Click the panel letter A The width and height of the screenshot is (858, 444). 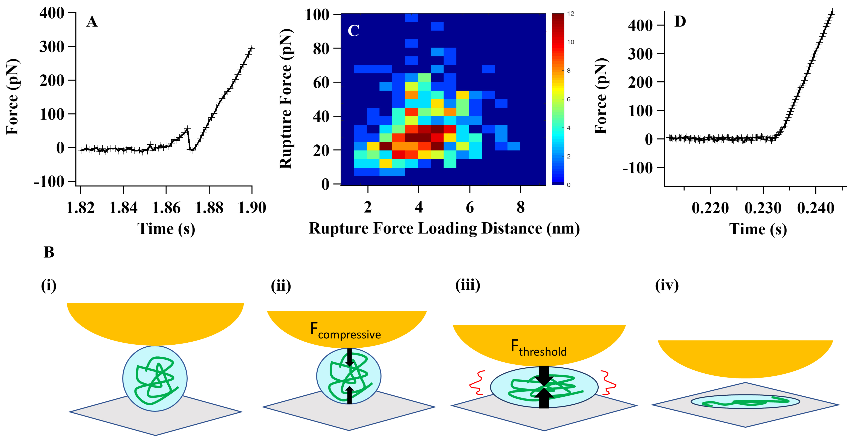coord(92,22)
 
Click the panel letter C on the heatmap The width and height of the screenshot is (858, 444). coord(353,31)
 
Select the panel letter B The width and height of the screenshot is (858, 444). coord(49,252)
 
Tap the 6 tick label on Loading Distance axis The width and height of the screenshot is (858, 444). coord(470,208)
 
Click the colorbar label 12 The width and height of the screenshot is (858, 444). coord(571,14)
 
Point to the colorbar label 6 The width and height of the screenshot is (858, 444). coord(569,99)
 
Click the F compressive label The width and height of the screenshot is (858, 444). coord(345,331)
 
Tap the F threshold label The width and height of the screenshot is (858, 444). coord(539,348)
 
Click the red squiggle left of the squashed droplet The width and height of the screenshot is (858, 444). coord(477,382)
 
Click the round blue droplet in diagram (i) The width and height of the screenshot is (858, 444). coord(155,378)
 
